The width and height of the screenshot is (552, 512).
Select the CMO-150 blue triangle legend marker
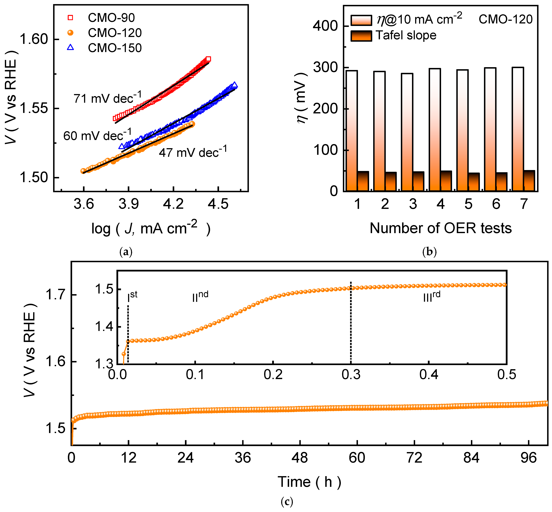click(71, 48)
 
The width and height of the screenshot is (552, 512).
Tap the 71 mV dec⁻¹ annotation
click(107, 98)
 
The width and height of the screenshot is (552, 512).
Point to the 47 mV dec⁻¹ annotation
click(193, 152)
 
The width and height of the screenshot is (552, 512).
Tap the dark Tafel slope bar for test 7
click(529, 181)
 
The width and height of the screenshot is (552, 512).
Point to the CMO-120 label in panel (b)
click(505, 19)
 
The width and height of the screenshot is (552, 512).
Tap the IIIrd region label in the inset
click(432, 297)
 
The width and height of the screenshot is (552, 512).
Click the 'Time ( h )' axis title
click(309, 482)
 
